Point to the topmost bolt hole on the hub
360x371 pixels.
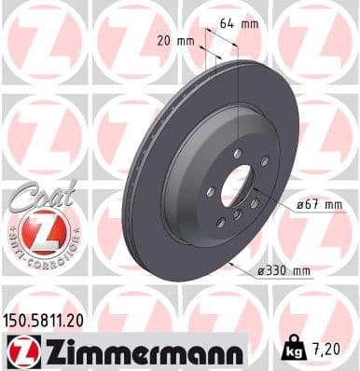coord(239,153)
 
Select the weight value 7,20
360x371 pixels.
coord(325,350)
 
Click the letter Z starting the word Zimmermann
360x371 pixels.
coord(54,352)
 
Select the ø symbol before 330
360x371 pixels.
coord(257,272)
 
